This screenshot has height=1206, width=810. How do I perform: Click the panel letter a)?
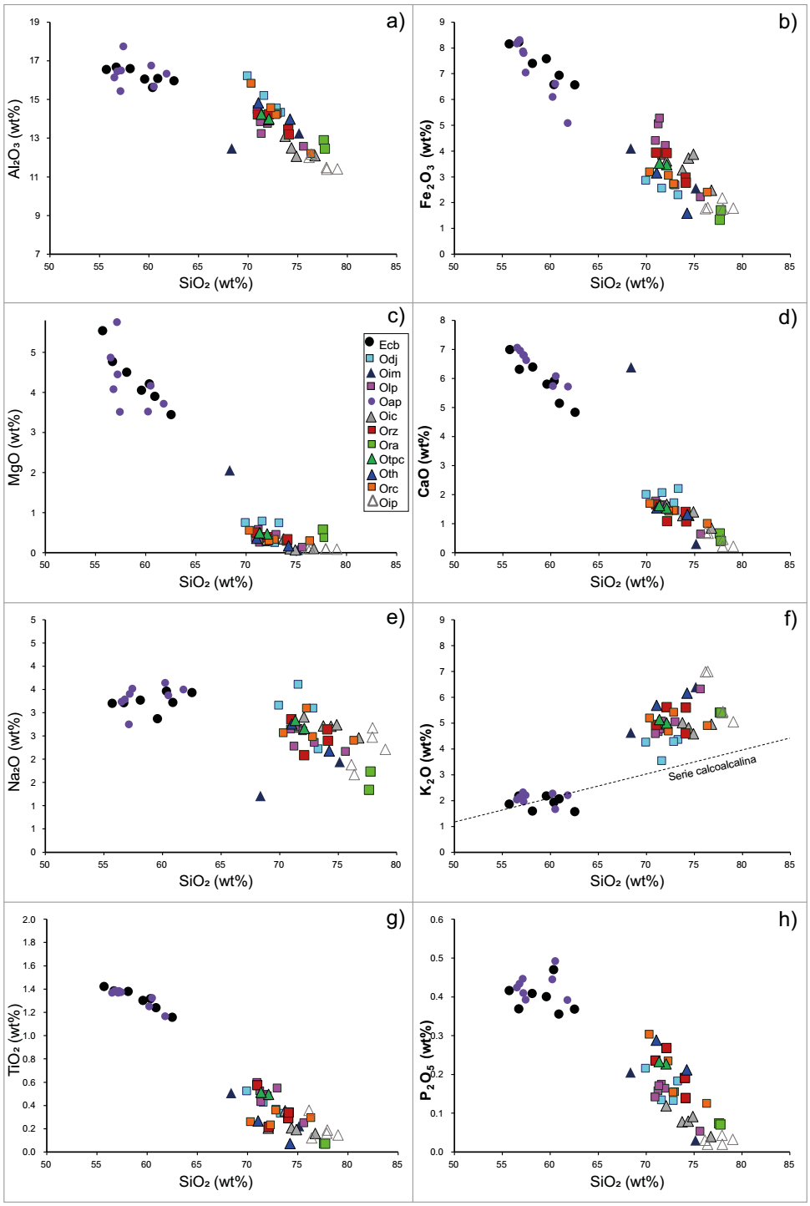pos(395,22)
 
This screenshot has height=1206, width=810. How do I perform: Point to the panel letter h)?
pos(787,920)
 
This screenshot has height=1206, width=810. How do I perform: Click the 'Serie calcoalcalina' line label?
pos(711,768)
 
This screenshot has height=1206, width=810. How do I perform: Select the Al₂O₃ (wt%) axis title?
pos(14,138)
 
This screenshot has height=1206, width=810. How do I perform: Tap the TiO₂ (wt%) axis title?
pos(14,1040)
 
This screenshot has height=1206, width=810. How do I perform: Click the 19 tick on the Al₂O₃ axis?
pos(34,22)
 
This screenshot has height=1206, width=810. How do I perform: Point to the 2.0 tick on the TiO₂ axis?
pos(29,920)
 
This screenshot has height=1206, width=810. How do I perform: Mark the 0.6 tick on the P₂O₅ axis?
pos(437,920)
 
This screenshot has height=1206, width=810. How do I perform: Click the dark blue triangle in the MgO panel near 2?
pos(230,471)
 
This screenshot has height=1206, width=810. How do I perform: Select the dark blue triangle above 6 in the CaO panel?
pos(631,367)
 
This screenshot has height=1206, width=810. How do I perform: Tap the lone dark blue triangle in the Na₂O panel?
pos(261,797)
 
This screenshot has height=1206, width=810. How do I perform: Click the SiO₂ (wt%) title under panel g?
pos(215,1181)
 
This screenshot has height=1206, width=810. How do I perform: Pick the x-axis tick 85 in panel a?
pos(395,266)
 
